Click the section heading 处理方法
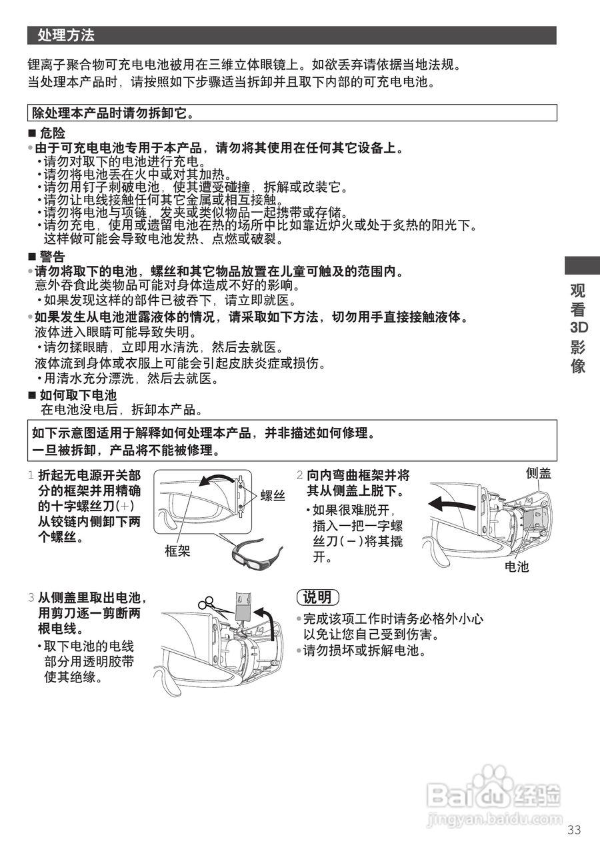pos(66,35)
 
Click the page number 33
pos(575,830)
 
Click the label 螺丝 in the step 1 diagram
pos(273,495)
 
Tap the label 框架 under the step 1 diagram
pos(178,550)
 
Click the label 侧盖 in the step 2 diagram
pos(539,473)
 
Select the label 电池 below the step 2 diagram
pos(517,566)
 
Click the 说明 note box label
pos(317,597)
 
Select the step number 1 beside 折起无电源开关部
pos(31,476)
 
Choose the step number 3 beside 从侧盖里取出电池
pos(31,598)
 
